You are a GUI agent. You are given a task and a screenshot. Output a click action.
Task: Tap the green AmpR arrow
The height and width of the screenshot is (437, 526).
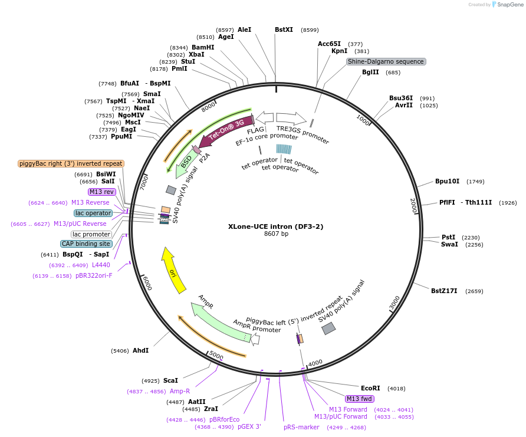(x=218, y=322)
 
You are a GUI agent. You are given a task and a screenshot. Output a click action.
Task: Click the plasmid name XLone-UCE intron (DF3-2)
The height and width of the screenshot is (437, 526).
(x=276, y=226)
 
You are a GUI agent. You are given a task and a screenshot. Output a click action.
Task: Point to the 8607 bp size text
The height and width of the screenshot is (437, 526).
(x=276, y=234)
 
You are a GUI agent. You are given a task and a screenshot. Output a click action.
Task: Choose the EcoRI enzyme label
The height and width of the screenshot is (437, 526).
(x=370, y=388)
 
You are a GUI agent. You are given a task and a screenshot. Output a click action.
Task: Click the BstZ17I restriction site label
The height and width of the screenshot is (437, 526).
(x=444, y=291)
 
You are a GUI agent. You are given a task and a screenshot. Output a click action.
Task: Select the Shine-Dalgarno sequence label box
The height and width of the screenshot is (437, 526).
(x=386, y=61)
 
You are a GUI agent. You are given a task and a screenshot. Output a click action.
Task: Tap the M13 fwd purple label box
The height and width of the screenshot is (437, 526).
(x=360, y=399)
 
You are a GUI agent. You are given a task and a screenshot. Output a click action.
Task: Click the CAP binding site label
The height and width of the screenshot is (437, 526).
(x=86, y=244)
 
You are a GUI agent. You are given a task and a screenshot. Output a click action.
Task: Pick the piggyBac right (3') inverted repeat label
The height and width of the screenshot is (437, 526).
(x=71, y=163)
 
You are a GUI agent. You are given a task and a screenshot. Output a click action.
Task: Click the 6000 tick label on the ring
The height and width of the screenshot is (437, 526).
(x=147, y=284)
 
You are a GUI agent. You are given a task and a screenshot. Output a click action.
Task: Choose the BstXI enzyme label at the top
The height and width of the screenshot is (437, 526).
(x=284, y=29)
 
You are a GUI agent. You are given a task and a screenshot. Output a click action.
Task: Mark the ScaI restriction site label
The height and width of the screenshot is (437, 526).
(x=170, y=380)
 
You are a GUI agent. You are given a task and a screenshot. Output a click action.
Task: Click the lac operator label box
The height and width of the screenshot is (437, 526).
(x=93, y=213)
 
